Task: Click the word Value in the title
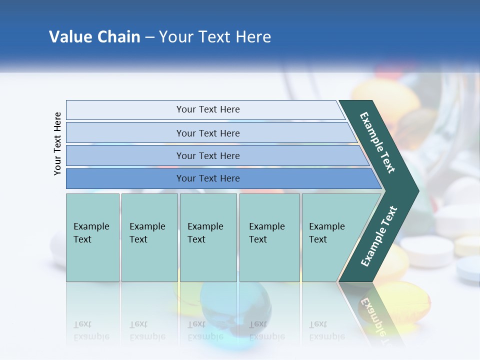(x=69, y=37)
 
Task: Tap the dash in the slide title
(x=149, y=37)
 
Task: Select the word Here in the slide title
(x=253, y=37)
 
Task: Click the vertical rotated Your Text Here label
(x=57, y=143)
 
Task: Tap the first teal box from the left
(x=92, y=237)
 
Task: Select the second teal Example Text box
(x=149, y=237)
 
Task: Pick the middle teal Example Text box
(x=208, y=237)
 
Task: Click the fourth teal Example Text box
(x=269, y=237)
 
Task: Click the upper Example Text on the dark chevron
(x=377, y=142)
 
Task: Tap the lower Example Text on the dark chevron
(x=378, y=236)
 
